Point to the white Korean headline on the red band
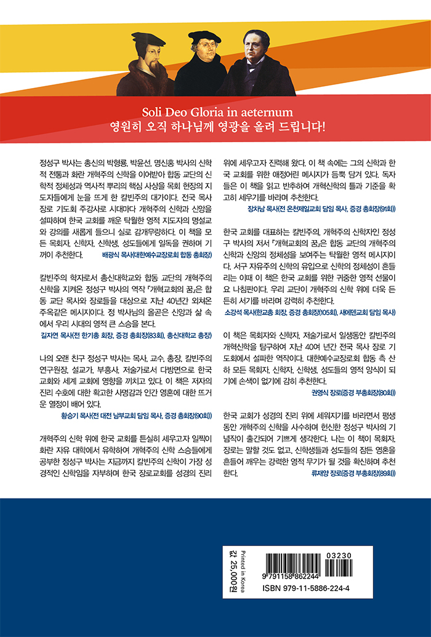click(215, 129)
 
